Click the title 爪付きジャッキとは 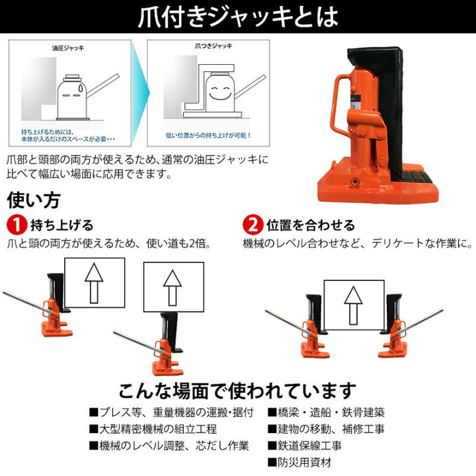237,16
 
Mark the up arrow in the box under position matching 354,303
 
